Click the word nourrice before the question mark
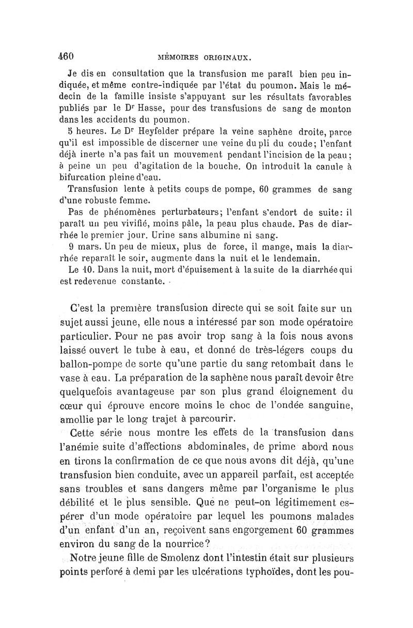click(x=176, y=543)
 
